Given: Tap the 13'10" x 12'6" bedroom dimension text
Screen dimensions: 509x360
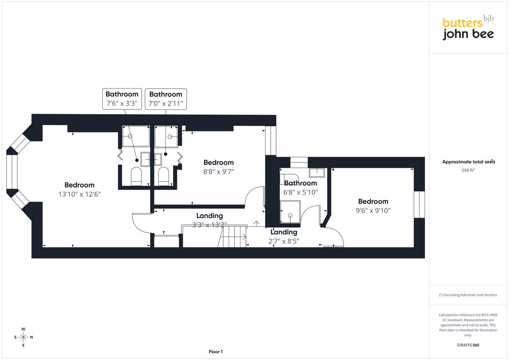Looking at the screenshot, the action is [x=80, y=194].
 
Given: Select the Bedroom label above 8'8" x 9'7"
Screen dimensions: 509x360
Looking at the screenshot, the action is [x=218, y=162].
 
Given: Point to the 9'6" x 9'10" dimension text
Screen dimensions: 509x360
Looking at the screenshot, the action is [x=373, y=211].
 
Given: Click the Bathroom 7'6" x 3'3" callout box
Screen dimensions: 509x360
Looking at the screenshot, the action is [x=122, y=99].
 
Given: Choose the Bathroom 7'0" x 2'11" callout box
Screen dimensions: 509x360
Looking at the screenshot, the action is [x=166, y=99].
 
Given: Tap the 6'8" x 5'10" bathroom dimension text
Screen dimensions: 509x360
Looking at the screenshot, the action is [x=300, y=193].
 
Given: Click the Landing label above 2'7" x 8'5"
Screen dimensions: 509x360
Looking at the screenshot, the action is [x=284, y=232].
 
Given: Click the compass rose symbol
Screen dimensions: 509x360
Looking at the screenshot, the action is [x=23, y=337].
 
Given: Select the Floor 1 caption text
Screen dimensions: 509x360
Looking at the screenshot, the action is [x=215, y=352].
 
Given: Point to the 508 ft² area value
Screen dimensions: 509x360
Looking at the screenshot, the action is [x=468, y=170].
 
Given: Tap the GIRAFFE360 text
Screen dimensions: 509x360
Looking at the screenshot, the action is [x=468, y=345].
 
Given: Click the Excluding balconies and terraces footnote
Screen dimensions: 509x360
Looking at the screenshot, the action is [x=468, y=295].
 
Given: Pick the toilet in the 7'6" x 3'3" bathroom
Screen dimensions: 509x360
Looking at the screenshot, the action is [x=136, y=176].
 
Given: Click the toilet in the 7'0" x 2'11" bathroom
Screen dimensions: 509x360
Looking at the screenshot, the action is [x=163, y=176].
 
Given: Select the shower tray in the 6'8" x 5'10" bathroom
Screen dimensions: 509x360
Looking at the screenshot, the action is [x=290, y=212].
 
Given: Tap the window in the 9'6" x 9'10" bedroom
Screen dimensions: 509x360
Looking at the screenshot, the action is [x=419, y=205].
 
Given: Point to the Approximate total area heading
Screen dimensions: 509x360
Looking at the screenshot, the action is [x=468, y=162].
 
